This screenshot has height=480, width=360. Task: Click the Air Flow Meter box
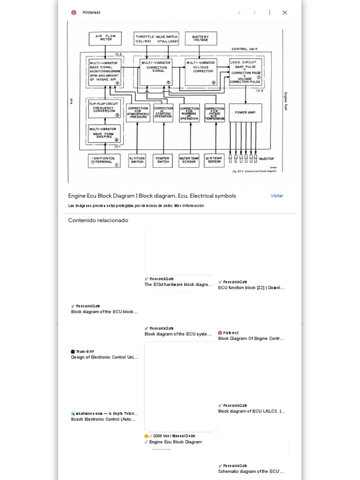[105, 38]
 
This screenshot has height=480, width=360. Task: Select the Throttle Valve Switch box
[156, 38]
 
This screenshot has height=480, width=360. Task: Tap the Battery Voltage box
[201, 38]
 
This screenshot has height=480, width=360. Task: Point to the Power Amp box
[245, 112]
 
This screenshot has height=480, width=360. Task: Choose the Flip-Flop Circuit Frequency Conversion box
[105, 109]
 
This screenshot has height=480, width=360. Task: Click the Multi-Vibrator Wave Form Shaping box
[105, 133]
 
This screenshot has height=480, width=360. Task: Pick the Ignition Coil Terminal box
[105, 161]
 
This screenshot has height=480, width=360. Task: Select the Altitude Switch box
[137, 161]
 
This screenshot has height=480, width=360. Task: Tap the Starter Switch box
[163, 161]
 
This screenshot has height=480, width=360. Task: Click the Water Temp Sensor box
[189, 161]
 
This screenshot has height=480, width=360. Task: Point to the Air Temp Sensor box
[214, 161]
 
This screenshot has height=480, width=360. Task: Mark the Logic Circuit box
[245, 72]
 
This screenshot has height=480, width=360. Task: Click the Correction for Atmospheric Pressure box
[138, 113]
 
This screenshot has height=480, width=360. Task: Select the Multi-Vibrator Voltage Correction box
[201, 72]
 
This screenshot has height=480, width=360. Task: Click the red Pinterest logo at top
[74, 13]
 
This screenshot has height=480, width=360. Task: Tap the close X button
[285, 13]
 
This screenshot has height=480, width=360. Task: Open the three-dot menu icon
[270, 13]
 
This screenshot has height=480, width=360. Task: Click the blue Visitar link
[277, 196]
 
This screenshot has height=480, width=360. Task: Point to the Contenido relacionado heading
[98, 220]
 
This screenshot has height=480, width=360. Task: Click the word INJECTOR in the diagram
[266, 159]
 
